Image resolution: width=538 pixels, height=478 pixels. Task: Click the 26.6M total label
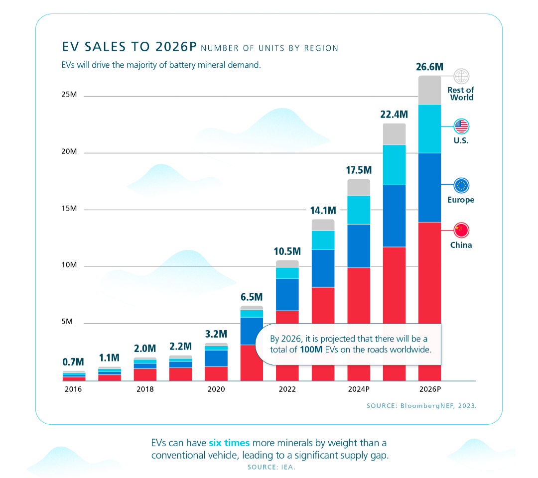pyautogui.click(x=429, y=67)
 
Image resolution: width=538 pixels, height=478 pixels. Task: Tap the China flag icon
pyautogui.click(x=461, y=230)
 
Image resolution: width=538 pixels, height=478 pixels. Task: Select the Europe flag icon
pyautogui.click(x=461, y=186)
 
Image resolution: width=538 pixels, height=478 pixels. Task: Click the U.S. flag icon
pyautogui.click(x=461, y=126)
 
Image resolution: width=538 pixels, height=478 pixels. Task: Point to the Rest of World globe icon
pyautogui.click(x=462, y=76)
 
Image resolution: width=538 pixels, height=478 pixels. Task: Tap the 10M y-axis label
pyautogui.click(x=69, y=265)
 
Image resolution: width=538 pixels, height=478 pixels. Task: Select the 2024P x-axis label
pyautogui.click(x=359, y=389)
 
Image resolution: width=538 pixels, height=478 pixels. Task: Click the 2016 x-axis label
pyautogui.click(x=73, y=389)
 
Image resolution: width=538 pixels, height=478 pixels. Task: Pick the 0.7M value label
pyautogui.click(x=73, y=362)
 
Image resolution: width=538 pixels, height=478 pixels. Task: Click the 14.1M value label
pyautogui.click(x=323, y=210)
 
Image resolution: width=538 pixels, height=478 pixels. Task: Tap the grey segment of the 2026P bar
pyautogui.click(x=429, y=90)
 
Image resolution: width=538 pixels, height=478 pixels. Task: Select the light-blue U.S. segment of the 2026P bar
pyautogui.click(x=429, y=128)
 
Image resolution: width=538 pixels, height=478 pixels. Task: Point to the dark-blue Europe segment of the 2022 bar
pyautogui.click(x=287, y=294)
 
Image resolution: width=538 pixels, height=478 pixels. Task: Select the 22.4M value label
pyautogui.click(x=394, y=115)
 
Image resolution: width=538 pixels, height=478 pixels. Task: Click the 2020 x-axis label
pyautogui.click(x=216, y=389)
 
